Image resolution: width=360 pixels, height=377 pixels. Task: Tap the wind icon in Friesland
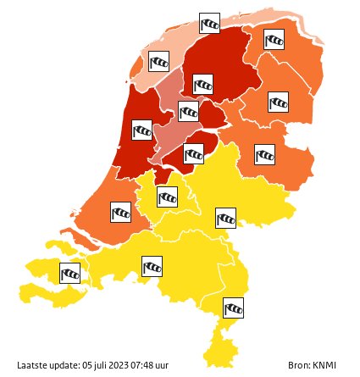click(202, 85)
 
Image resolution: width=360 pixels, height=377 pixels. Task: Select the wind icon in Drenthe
click(278, 103)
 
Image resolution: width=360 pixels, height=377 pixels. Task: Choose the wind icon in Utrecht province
click(168, 197)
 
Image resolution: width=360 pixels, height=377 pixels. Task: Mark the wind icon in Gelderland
click(225, 219)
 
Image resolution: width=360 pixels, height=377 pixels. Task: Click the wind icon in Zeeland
click(70, 274)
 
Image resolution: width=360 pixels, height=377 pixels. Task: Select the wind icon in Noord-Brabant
click(152, 268)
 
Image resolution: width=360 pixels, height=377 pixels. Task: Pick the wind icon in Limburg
click(233, 308)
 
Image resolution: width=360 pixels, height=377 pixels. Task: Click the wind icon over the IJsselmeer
click(188, 111)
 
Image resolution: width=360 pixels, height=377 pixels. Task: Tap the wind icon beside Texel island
click(158, 62)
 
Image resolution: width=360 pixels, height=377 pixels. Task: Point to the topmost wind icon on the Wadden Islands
click(209, 23)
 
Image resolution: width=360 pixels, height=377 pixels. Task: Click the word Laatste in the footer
click(31, 364)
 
